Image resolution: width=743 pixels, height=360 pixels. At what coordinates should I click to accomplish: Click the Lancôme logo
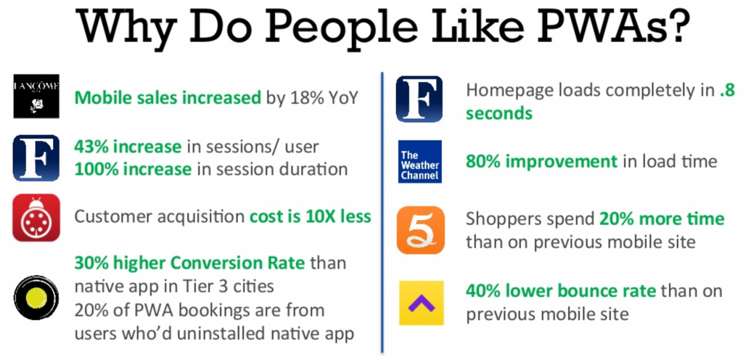tap(36, 96)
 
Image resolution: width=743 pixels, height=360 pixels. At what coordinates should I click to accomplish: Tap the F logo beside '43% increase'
tap(36, 157)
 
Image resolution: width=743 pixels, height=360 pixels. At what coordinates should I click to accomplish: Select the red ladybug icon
tap(36, 218)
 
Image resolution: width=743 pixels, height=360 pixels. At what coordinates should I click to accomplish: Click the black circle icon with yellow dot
tap(36, 298)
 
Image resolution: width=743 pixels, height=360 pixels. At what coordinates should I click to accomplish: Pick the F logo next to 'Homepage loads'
tap(419, 99)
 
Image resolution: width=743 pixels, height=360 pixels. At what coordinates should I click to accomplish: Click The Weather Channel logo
tap(420, 162)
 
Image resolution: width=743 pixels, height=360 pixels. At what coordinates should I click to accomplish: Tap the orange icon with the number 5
tap(421, 230)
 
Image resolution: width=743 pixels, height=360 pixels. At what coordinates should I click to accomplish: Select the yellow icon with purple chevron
tap(422, 303)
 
